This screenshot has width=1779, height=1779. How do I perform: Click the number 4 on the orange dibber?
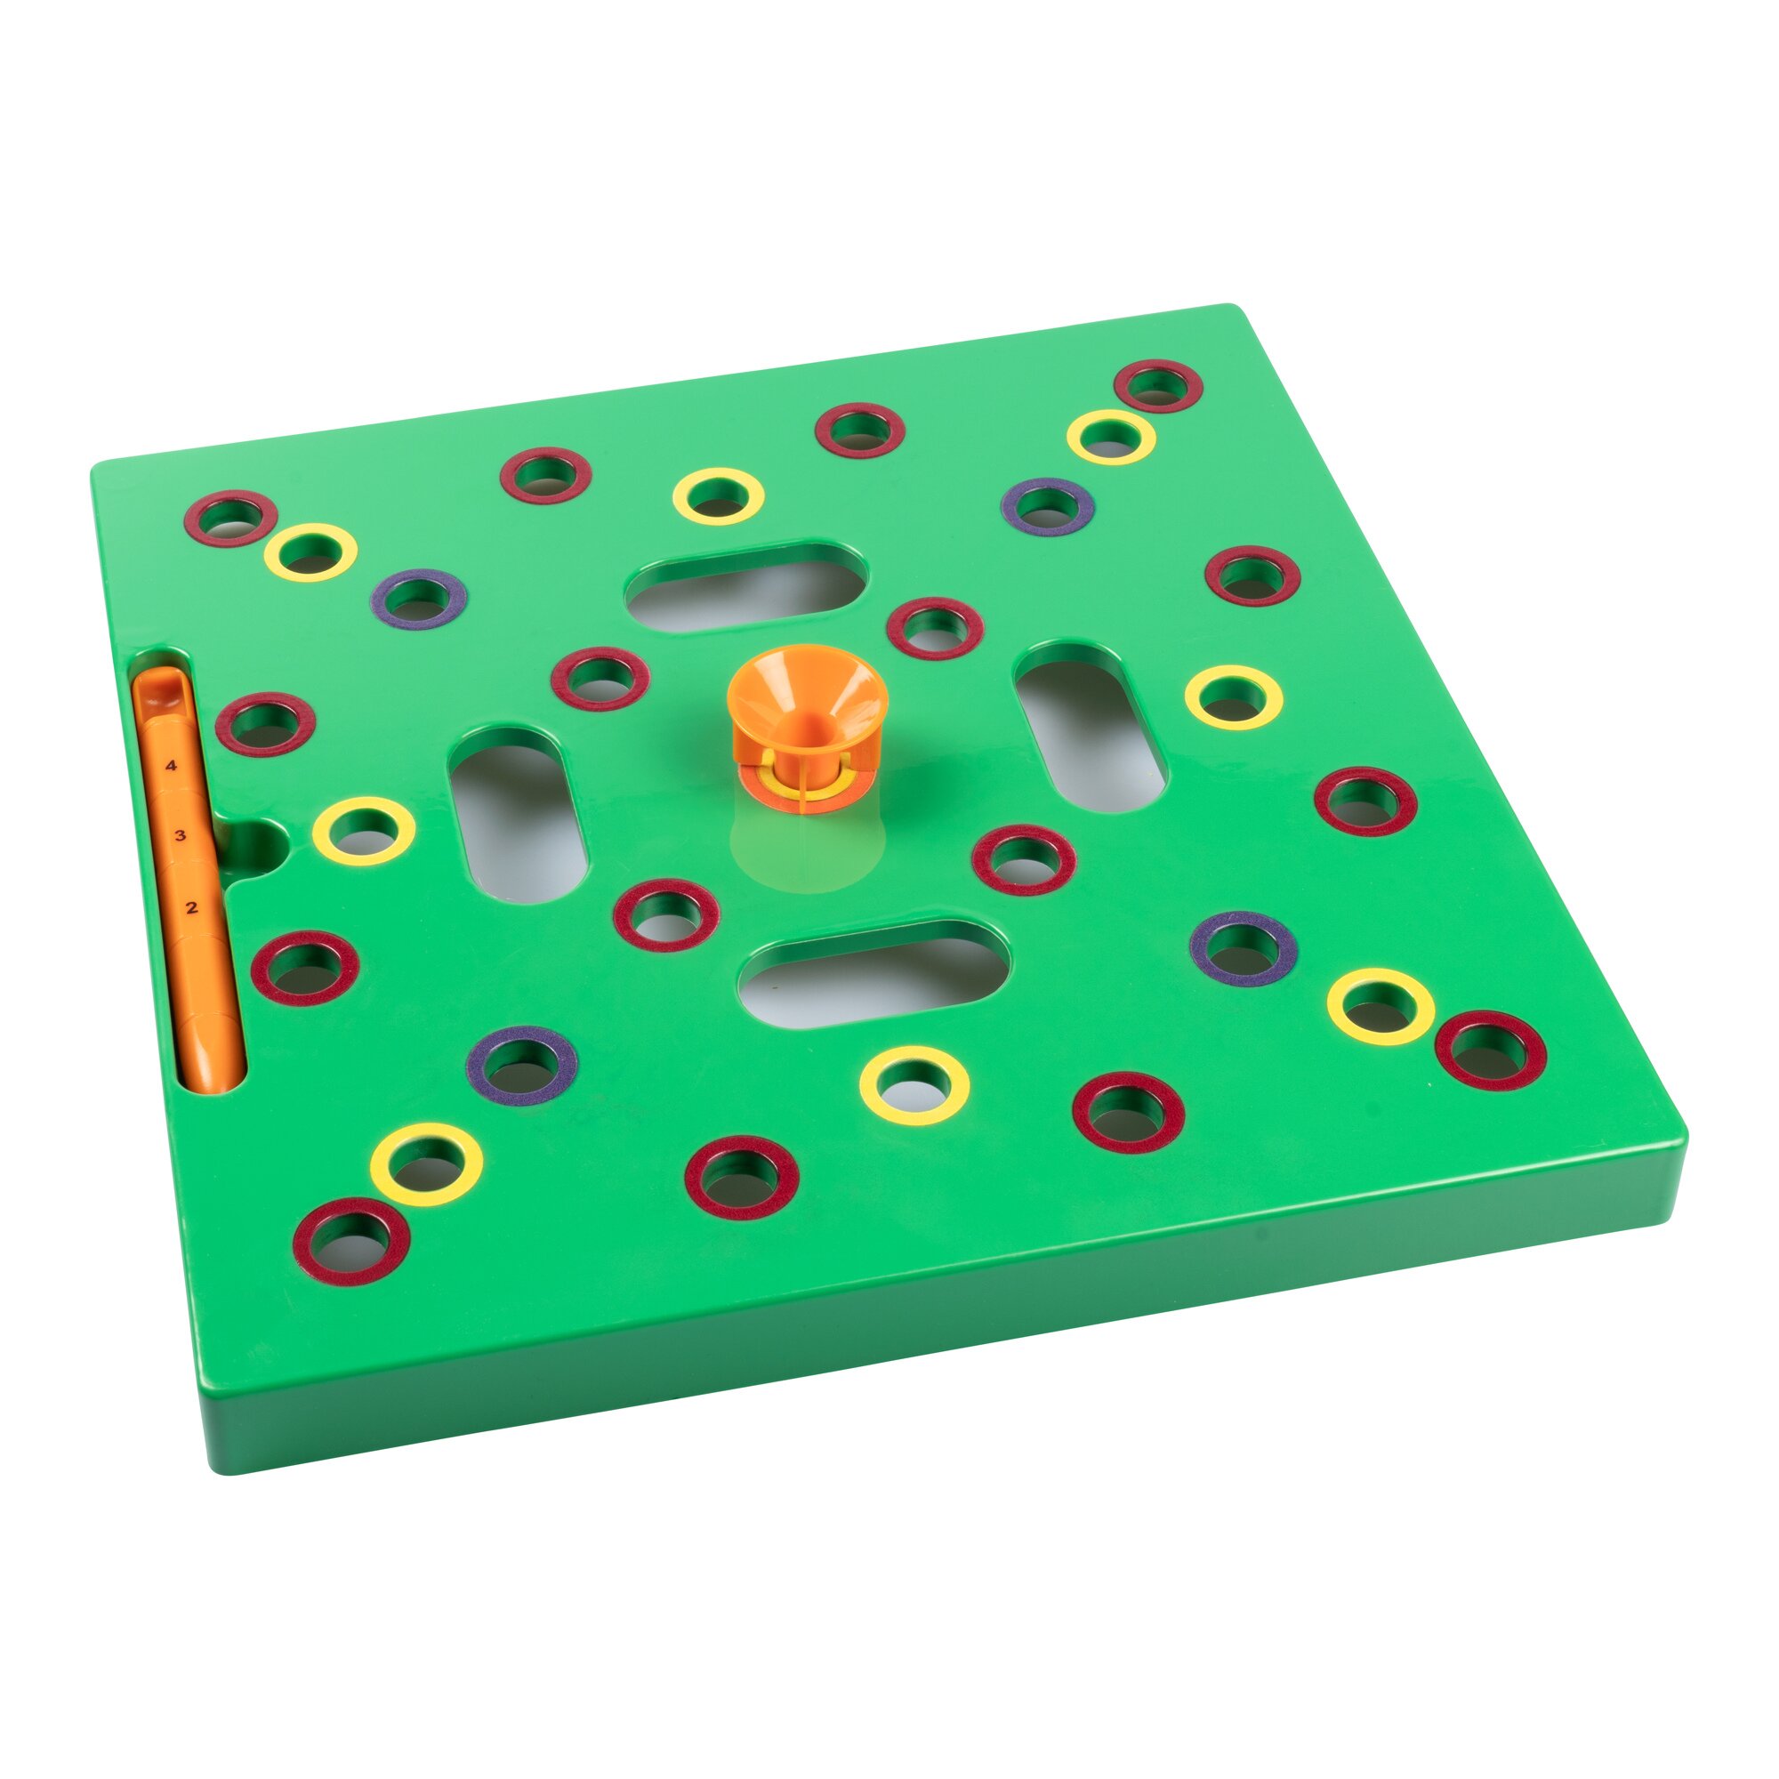click(x=171, y=765)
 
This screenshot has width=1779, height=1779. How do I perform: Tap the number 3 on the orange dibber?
click(x=181, y=836)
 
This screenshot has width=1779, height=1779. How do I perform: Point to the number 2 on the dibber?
click(x=191, y=908)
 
